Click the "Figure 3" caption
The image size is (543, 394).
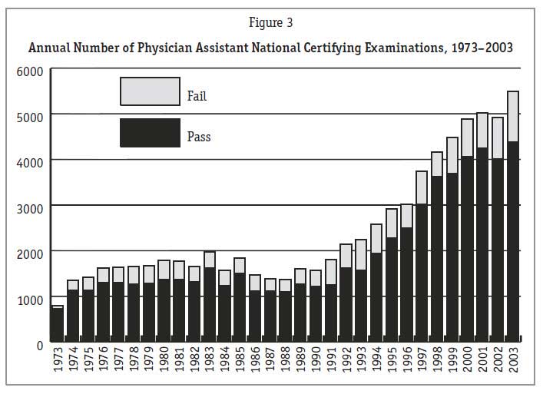click(270, 23)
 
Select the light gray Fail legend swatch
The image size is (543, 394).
click(150, 91)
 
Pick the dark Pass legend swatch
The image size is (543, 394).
click(150, 132)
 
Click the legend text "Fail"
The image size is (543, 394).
click(197, 97)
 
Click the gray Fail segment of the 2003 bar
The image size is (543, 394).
click(513, 116)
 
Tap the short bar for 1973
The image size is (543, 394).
click(58, 323)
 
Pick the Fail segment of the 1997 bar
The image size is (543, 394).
click(422, 187)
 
